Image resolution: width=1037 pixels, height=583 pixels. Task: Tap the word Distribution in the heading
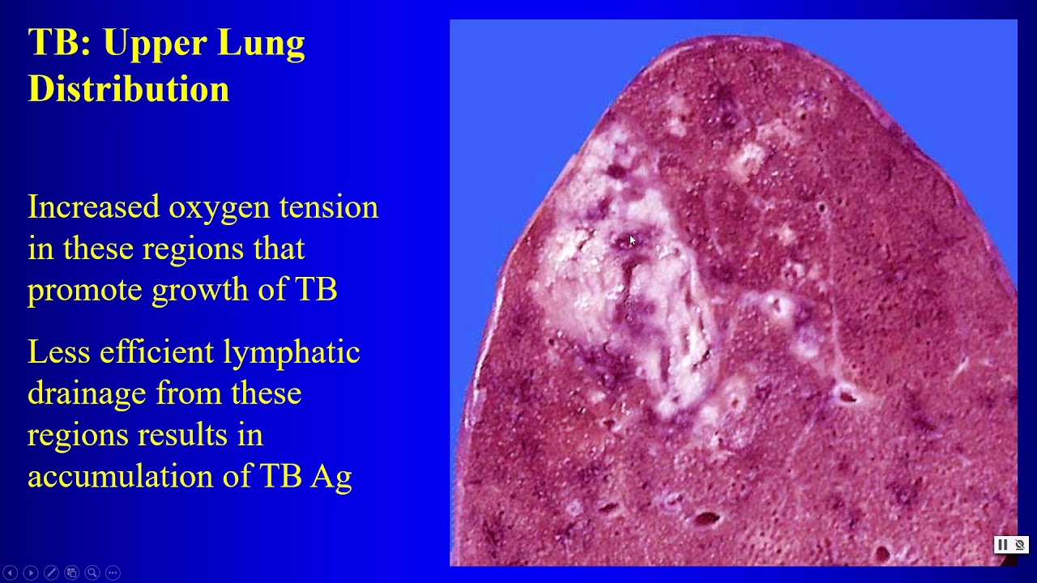click(x=129, y=88)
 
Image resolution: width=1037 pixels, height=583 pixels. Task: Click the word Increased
click(x=94, y=207)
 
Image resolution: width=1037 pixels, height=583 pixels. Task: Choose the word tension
click(x=328, y=207)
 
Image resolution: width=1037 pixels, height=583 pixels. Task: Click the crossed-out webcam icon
click(x=1020, y=545)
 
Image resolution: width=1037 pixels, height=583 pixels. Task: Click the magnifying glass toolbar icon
click(x=92, y=572)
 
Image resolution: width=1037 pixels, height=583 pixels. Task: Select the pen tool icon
click(x=51, y=572)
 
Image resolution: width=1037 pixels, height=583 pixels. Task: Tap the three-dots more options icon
click(x=113, y=572)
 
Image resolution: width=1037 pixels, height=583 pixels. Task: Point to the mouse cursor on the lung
click(x=632, y=240)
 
